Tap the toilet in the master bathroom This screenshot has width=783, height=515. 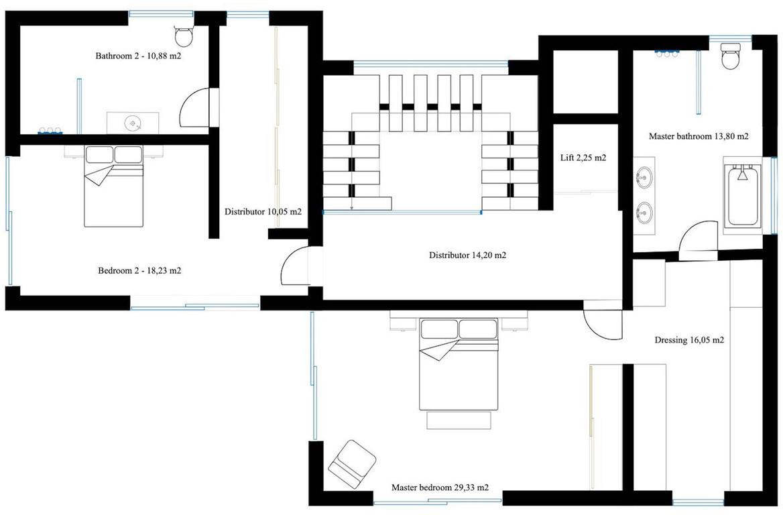point(731,55)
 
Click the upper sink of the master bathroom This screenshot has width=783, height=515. point(643,177)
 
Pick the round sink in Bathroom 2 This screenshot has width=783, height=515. point(133,123)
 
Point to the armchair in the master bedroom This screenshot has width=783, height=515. point(351,465)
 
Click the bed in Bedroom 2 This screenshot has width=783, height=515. point(114,186)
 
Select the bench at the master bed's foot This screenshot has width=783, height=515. point(459,420)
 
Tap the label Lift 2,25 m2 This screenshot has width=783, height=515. point(583,158)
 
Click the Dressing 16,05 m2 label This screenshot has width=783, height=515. point(689,340)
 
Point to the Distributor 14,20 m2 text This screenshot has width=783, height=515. point(467,255)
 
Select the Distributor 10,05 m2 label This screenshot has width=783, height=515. point(263,212)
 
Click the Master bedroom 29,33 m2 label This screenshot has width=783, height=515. point(440,488)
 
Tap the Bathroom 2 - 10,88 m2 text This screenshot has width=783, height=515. point(138,56)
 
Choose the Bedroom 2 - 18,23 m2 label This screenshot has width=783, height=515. point(139,271)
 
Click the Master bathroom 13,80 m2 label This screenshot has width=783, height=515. point(699,136)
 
